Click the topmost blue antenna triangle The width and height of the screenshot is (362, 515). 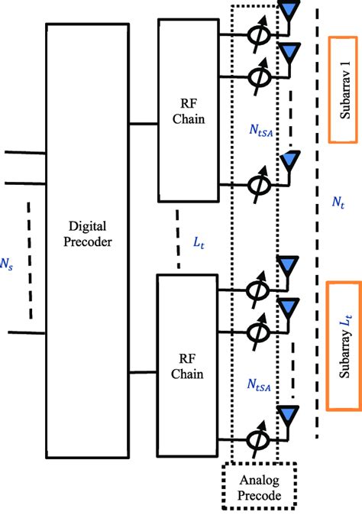pyautogui.click(x=289, y=11)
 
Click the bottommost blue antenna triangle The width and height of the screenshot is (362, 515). pyautogui.click(x=286, y=414)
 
